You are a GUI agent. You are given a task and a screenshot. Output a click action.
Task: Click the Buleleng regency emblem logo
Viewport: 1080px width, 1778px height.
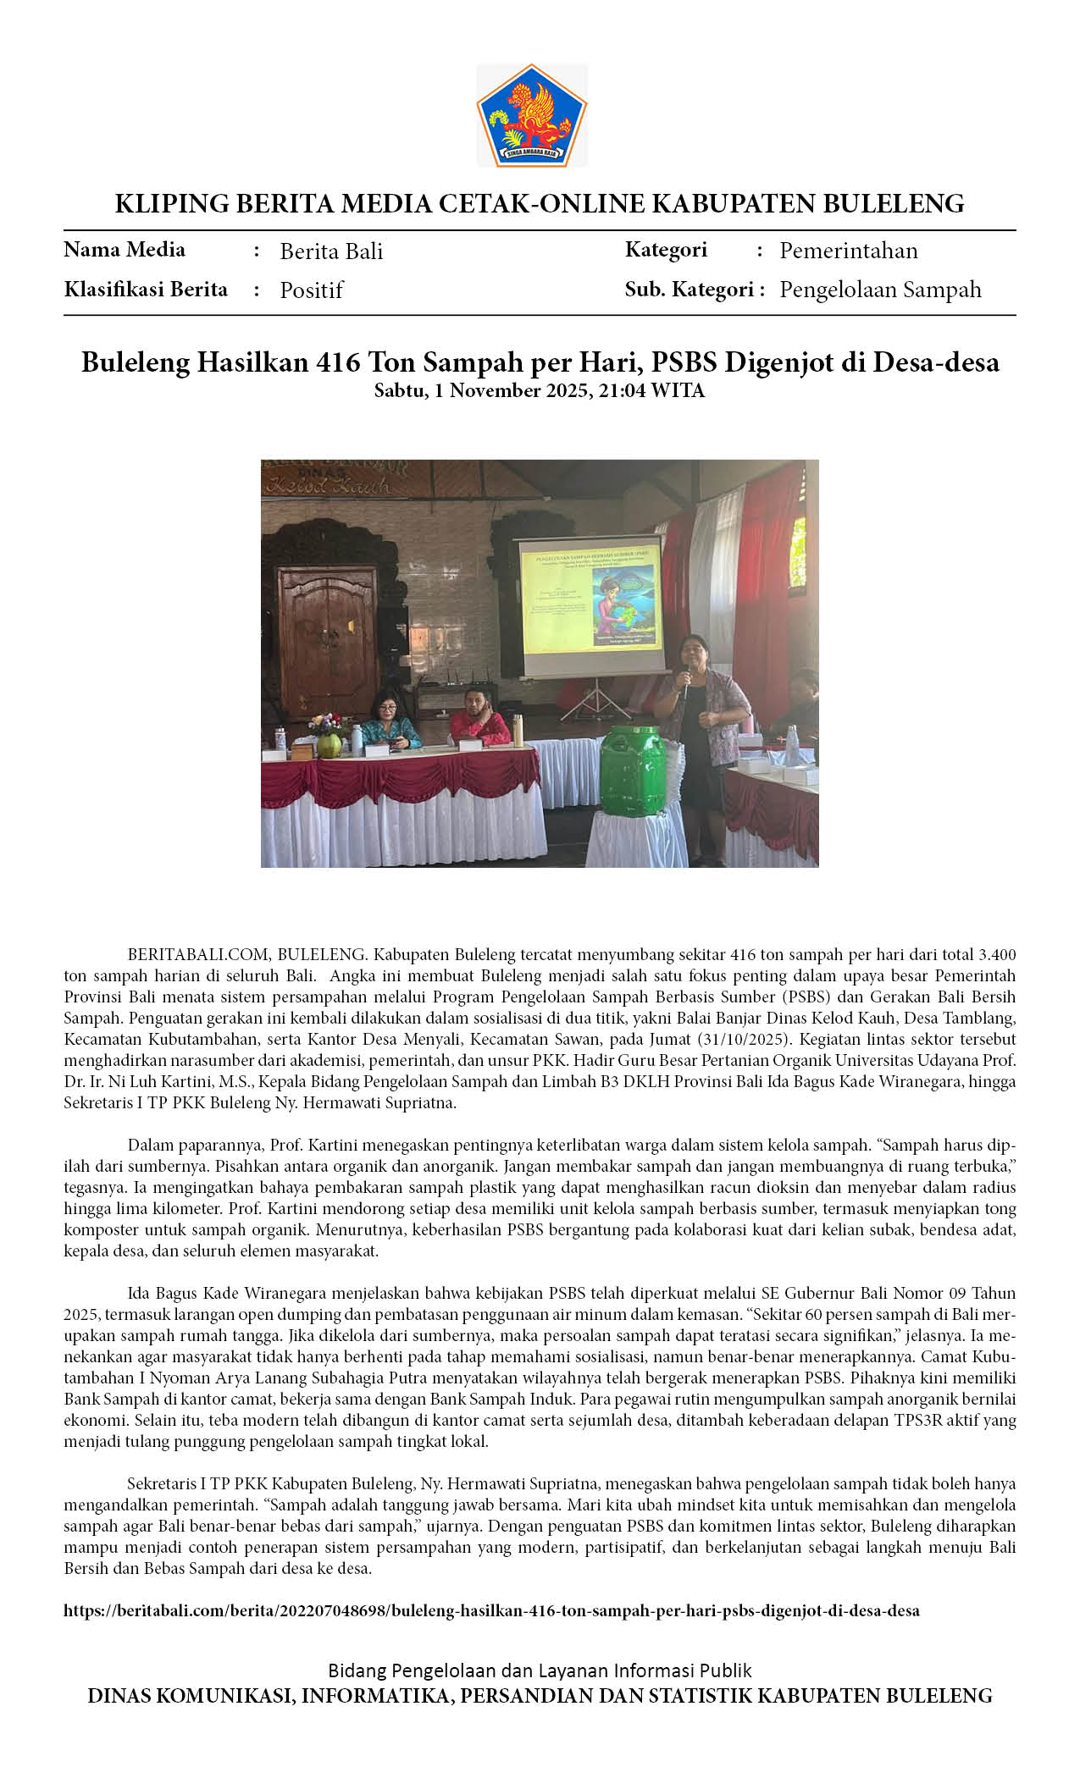coord(532,115)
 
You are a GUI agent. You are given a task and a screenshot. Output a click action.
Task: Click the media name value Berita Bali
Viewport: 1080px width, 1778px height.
coord(331,251)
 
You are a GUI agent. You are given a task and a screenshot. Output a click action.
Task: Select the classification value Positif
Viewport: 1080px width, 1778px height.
coord(311,290)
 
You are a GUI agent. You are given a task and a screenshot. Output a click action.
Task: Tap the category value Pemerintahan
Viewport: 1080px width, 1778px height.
coord(848,251)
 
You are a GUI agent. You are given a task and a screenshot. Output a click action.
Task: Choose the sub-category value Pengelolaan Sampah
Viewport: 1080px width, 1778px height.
coord(880,290)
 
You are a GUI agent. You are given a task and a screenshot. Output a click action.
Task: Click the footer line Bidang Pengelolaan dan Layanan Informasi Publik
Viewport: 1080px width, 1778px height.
coord(540,1670)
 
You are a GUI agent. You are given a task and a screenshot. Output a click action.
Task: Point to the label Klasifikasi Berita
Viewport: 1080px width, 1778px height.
coord(146,290)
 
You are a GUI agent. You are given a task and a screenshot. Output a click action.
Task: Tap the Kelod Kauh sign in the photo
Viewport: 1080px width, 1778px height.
coord(327,485)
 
